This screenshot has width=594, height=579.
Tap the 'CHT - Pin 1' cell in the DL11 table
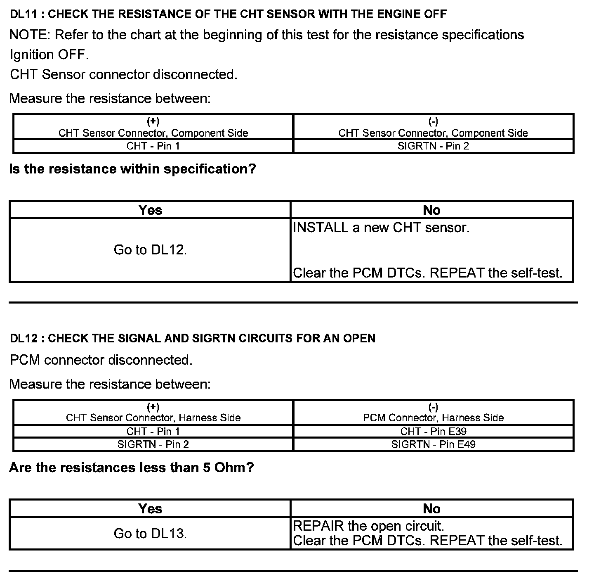153,146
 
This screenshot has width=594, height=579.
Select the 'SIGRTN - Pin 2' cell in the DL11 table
433,146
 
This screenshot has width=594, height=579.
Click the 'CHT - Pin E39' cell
433,431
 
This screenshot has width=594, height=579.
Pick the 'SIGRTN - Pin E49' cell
433,444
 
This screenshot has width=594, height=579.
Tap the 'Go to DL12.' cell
150,250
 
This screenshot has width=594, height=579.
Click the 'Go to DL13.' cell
150,534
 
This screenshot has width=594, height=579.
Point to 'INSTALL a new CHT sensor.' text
381,228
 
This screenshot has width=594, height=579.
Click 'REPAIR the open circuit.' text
368,526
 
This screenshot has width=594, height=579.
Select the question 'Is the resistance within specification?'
132,169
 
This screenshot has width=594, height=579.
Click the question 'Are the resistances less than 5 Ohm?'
131,467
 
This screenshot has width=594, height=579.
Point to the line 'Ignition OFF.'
49,55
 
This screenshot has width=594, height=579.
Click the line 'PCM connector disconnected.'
101,360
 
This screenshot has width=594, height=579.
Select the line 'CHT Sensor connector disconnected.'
123,74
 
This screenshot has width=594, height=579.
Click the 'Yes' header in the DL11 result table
150,210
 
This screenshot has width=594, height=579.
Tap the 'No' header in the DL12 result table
431,509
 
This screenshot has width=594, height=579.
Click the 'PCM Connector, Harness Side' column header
433,418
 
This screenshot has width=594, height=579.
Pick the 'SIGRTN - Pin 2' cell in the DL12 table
153,444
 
